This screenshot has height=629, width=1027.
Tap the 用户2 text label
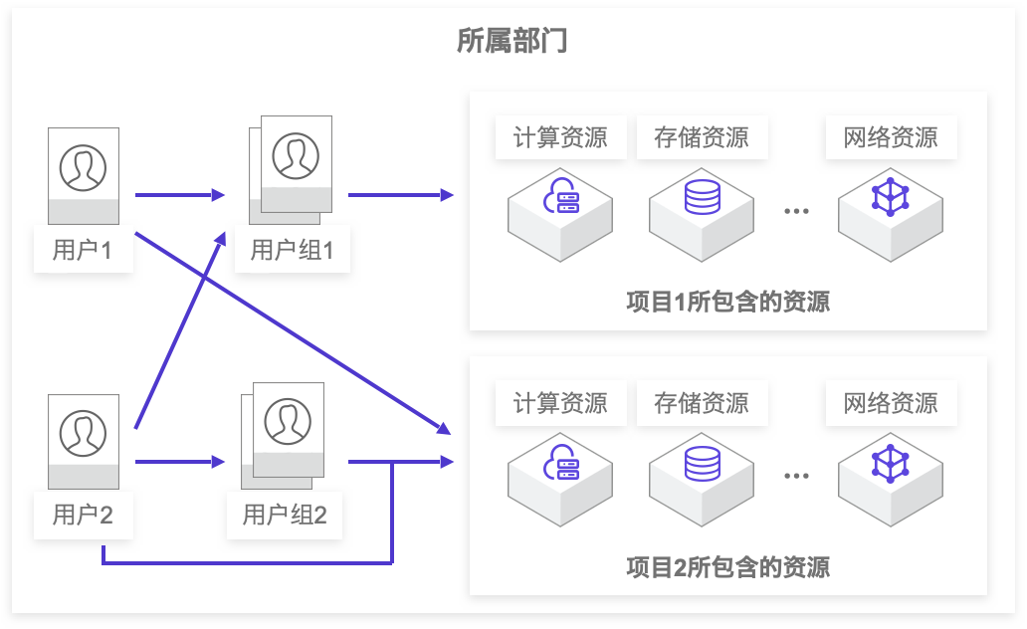[83, 515]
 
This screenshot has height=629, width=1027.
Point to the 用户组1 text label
[292, 249]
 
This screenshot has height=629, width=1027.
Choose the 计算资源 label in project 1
[560, 136]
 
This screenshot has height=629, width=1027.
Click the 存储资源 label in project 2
[702, 403]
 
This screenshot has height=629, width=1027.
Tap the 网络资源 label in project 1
[891, 136]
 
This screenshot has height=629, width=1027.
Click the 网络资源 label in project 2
[891, 403]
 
